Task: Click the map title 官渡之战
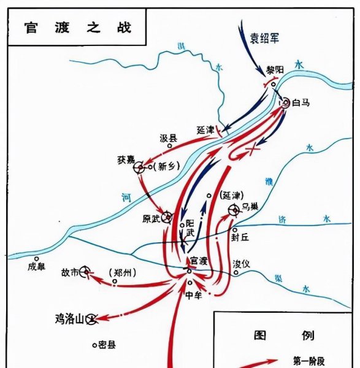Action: (x=77, y=28)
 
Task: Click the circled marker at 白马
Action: (x=285, y=103)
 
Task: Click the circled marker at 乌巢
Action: (x=234, y=211)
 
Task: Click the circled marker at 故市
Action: (x=86, y=271)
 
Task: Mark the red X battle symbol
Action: (x=251, y=150)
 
